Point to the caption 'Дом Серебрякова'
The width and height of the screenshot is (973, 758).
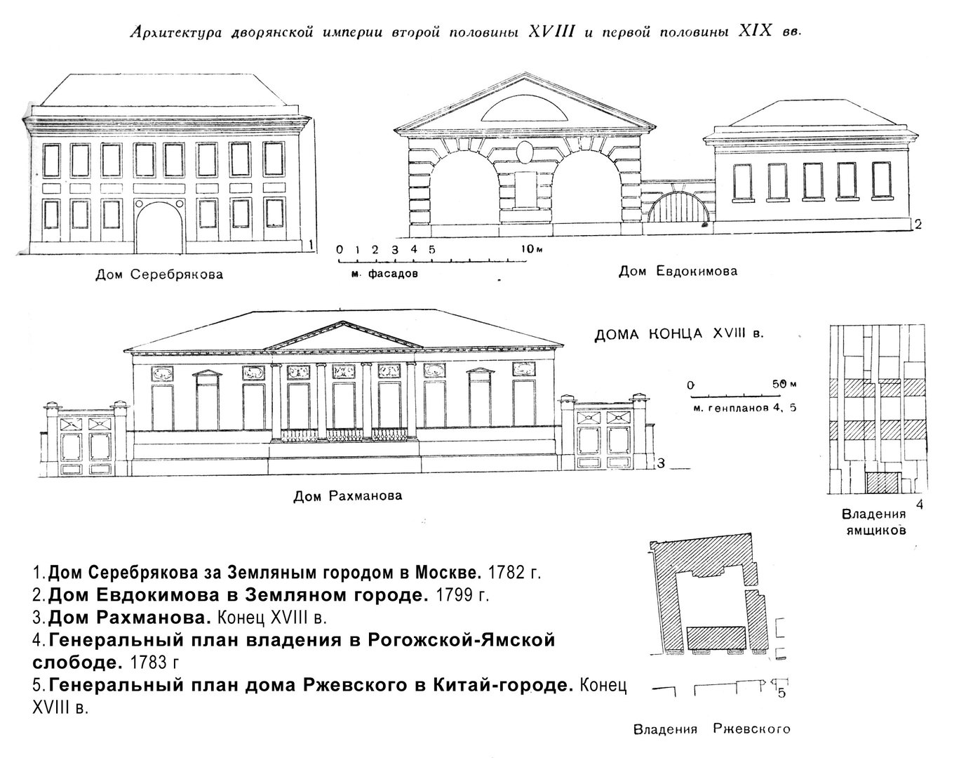pyautogui.click(x=159, y=274)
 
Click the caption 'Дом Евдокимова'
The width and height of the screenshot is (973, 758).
pyautogui.click(x=678, y=271)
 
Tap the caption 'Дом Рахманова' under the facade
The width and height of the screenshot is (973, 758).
pyautogui.click(x=347, y=496)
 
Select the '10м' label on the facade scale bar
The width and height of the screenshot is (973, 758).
pyautogui.click(x=531, y=249)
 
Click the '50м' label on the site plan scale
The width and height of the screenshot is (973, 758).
pyautogui.click(x=784, y=385)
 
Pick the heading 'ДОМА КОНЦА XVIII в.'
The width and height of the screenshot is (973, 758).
pyautogui.click(x=679, y=334)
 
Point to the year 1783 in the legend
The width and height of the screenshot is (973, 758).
pyautogui.click(x=148, y=663)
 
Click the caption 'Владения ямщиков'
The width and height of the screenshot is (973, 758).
pyautogui.click(x=873, y=523)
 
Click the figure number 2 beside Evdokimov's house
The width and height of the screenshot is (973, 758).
pyautogui.click(x=918, y=225)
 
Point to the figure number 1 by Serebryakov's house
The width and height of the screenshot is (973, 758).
pyautogui.click(x=311, y=245)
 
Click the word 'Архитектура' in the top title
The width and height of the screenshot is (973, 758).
pyautogui.click(x=176, y=33)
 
